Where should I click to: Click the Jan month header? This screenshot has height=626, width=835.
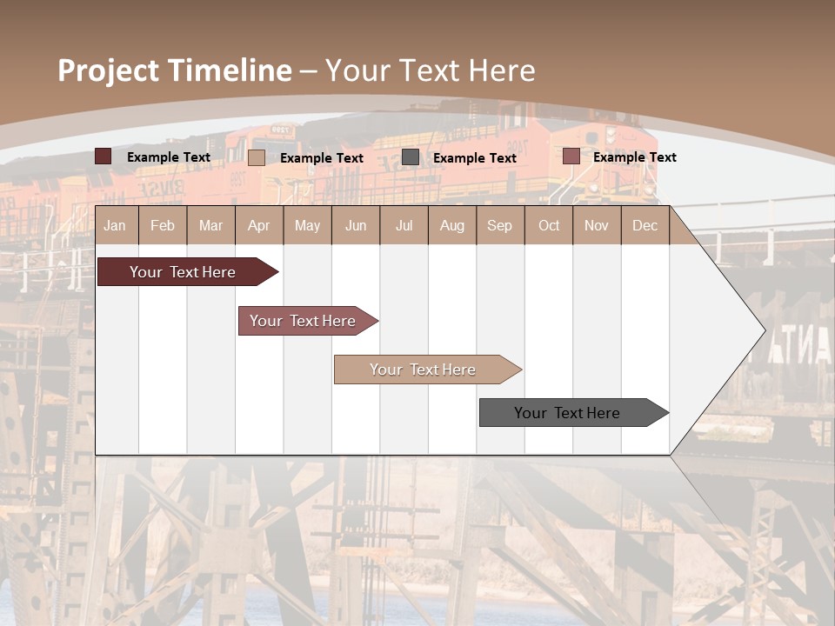pos(115,225)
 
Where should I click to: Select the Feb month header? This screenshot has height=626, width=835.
pos(163,225)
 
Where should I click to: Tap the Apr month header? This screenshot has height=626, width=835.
pos(258,225)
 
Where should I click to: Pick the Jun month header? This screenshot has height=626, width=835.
pos(356,225)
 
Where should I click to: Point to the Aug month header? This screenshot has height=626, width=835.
pos(451,225)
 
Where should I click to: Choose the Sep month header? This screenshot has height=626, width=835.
pos(499,225)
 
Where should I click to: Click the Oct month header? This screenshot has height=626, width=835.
pos(549,225)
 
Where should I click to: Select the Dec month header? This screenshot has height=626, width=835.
pos(645,225)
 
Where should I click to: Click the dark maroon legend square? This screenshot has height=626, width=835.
pos(104,156)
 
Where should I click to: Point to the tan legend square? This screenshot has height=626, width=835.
pos(257,157)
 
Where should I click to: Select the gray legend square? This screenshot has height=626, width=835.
pos(411,157)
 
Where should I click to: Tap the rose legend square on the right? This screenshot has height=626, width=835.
pos(571,156)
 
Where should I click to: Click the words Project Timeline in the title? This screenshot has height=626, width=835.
pos(174,70)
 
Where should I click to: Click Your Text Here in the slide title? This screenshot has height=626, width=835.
pos(430,70)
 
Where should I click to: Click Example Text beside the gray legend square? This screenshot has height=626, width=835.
pos(475,158)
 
